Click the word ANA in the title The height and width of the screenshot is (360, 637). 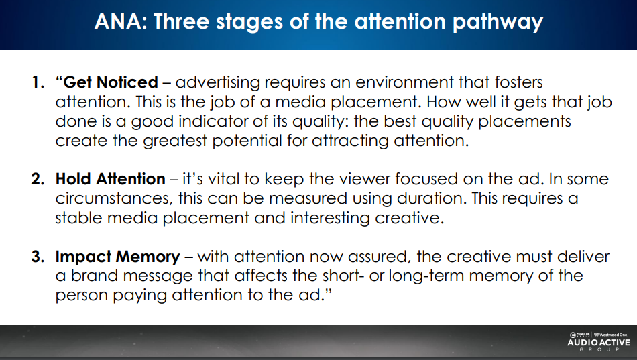click(120, 21)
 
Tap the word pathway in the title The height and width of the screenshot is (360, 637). click(498, 23)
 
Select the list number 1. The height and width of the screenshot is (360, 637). click(38, 82)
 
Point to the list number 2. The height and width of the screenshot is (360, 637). click(38, 179)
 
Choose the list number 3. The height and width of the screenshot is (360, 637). click(38, 256)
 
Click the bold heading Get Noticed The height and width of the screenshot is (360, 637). click(110, 82)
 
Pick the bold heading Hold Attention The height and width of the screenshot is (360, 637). click(111, 179)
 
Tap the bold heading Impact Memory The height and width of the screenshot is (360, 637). click(118, 257)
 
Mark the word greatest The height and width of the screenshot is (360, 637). click(175, 141)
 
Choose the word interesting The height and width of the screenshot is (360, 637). click(330, 218)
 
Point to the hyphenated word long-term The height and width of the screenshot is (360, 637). click(426, 276)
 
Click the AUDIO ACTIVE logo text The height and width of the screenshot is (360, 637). click(599, 343)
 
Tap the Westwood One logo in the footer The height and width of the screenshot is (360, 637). click(611, 335)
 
